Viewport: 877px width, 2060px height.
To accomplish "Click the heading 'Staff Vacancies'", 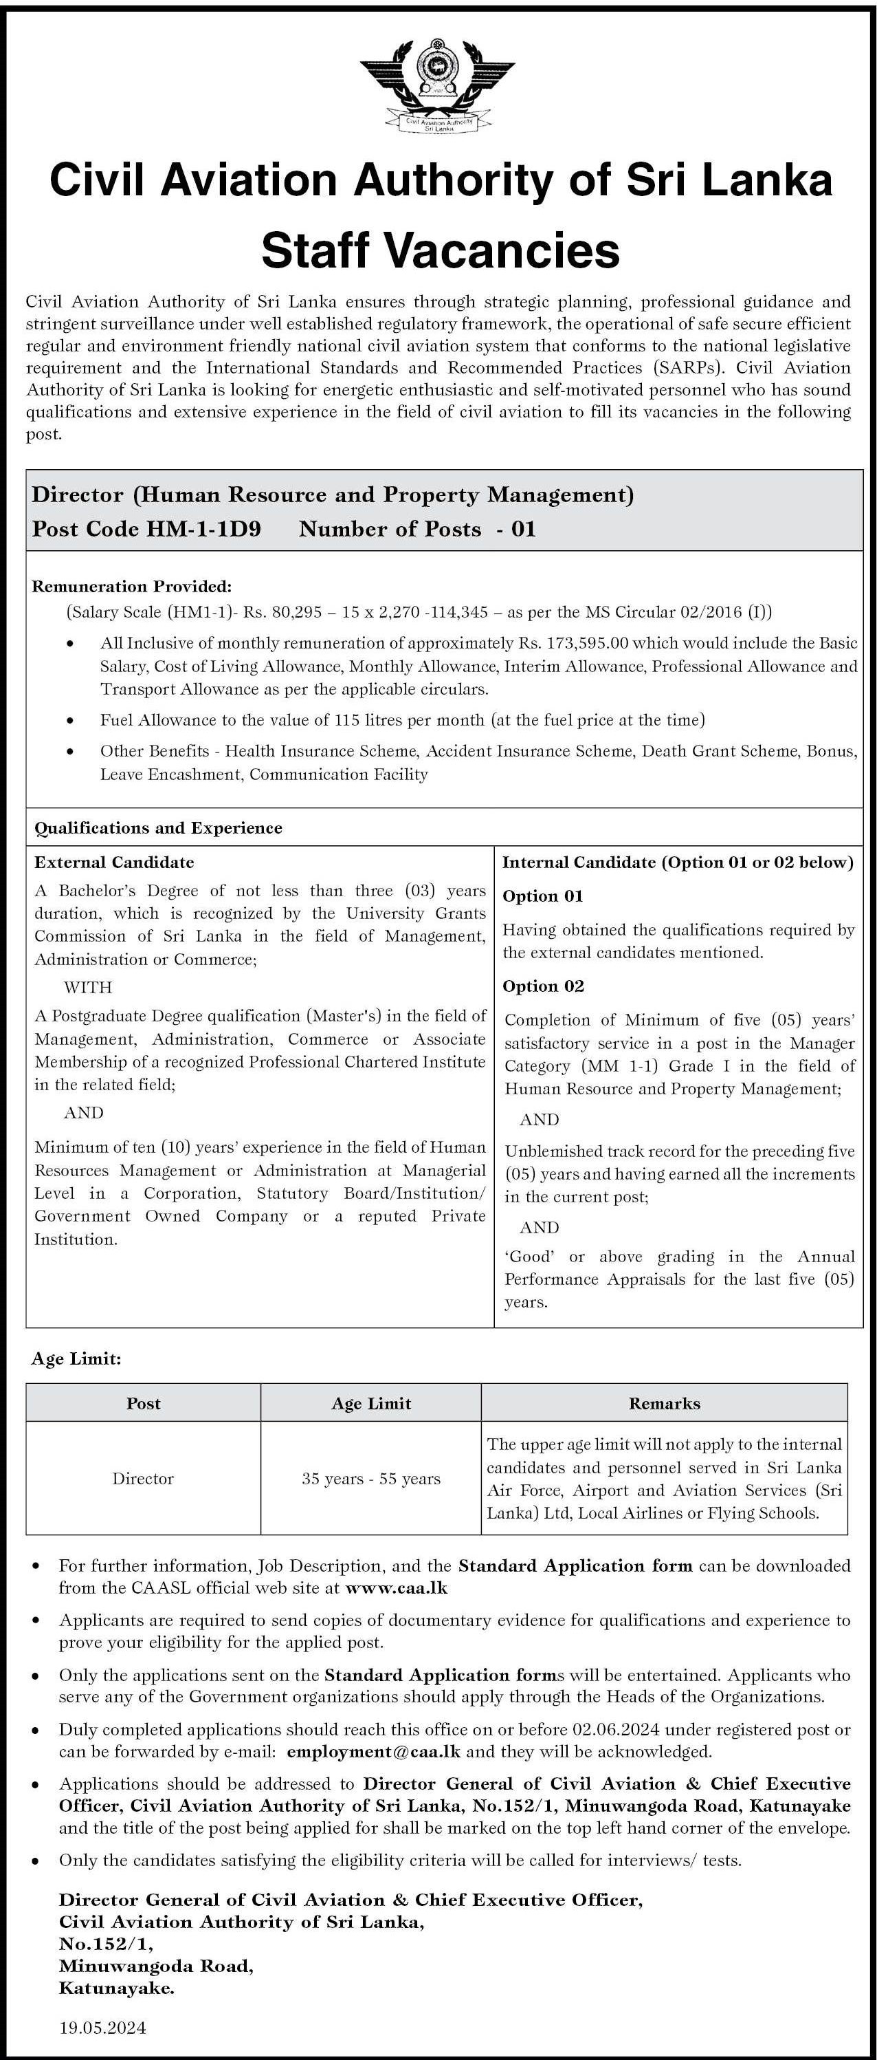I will point(441,250).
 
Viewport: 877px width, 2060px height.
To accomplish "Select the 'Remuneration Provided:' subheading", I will point(132,587).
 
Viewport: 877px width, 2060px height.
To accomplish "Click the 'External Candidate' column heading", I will point(114,862).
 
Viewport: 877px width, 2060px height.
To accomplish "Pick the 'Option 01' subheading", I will point(543,896).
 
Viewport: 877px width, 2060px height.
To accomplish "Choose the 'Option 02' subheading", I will point(544,986).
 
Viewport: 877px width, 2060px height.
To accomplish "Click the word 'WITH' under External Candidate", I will point(88,987).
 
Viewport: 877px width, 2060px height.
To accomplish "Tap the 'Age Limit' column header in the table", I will point(371,1403).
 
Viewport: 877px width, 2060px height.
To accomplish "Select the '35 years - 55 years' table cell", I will point(371,1479).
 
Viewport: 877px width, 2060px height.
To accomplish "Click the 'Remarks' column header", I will point(665,1403).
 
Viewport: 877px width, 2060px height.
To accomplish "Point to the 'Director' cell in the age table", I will point(143,1479).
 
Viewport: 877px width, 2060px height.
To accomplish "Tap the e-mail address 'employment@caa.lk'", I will point(373,1752).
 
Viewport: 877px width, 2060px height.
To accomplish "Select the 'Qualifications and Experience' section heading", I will point(158,827).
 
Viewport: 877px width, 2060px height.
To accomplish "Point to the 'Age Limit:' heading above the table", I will point(76,1358).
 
